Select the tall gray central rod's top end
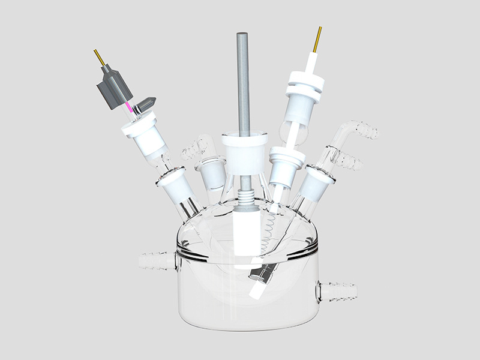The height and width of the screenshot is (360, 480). (x=243, y=36)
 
